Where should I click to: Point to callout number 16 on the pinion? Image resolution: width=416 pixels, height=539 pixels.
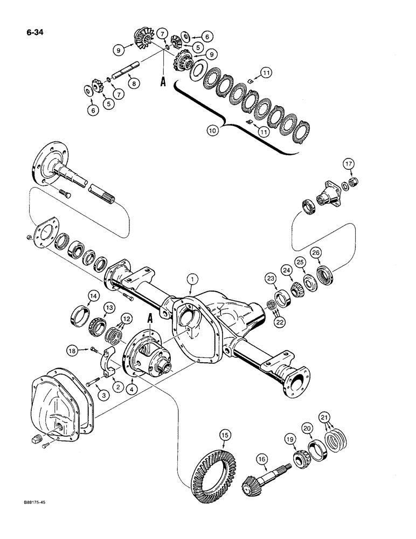[x=262, y=459]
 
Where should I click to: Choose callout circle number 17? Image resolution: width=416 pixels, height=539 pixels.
[x=349, y=164]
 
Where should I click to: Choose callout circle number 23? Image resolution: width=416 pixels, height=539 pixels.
[x=269, y=279]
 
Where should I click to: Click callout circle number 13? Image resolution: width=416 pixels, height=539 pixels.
[x=109, y=307]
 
